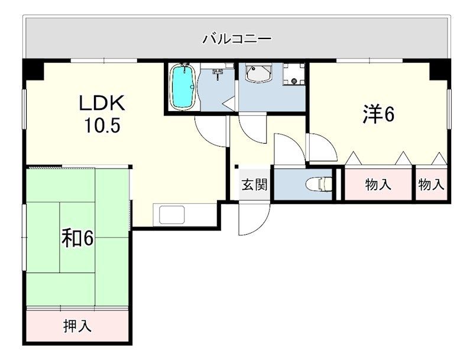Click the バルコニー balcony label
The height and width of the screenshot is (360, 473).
coord(237,39)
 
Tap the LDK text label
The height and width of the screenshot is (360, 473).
coord(102,103)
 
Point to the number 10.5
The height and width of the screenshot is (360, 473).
coord(102,125)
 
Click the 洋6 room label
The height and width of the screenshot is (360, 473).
coord(378,114)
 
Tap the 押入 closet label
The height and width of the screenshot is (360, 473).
coord(77,326)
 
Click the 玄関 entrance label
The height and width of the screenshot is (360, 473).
coord(254,184)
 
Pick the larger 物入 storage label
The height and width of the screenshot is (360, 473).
coord(378,184)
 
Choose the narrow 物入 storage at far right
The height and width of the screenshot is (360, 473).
coord(432,184)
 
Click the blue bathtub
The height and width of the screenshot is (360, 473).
coord(183,87)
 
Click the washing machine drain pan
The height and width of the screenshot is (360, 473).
coord(293,74)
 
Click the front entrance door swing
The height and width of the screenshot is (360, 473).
coord(254,219)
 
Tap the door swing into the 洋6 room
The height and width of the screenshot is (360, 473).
coord(321,148)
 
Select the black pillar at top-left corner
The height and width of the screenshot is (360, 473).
coord(33,69)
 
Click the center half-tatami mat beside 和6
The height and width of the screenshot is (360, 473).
coord(77,238)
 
